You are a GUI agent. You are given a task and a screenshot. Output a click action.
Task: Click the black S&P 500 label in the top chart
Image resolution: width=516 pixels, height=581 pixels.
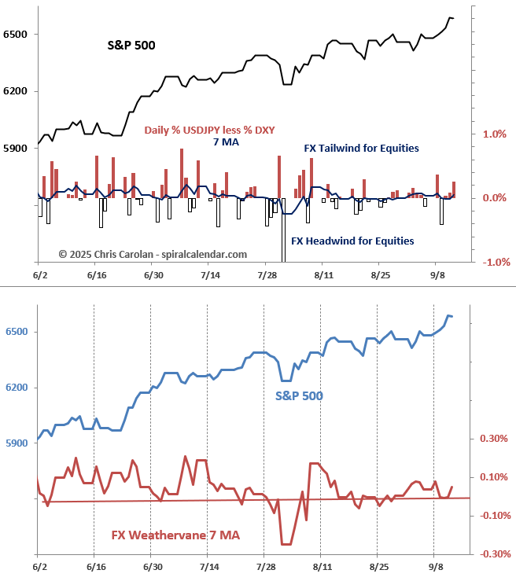(131, 45)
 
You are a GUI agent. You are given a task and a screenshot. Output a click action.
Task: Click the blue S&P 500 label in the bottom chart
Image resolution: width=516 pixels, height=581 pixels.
(299, 395)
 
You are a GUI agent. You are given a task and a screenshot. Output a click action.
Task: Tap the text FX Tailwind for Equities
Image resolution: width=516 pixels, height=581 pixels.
(361, 148)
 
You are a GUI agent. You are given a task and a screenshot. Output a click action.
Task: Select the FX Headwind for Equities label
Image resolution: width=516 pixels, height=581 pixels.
(352, 241)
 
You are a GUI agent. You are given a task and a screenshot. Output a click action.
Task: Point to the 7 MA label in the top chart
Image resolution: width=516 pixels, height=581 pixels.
(226, 142)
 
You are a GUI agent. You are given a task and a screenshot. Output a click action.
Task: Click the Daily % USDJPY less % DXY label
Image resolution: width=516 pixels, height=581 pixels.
(209, 130)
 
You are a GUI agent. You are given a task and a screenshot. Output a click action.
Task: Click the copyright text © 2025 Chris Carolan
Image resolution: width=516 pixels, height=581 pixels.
(153, 254)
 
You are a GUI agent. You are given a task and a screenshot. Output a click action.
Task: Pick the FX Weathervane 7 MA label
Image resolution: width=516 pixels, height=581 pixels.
(175, 535)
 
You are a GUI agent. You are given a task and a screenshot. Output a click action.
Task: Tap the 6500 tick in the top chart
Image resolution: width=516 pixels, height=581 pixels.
(16, 35)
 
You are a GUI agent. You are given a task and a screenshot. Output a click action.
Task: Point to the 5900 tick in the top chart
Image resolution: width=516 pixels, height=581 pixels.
(16, 147)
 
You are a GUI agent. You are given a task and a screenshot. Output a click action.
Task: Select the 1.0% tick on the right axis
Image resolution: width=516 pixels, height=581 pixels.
(494, 134)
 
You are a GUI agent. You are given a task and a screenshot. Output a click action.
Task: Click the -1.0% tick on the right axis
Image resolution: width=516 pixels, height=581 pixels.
(492, 262)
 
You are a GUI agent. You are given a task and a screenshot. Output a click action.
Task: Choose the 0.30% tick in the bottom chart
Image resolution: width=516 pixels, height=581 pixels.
(494, 439)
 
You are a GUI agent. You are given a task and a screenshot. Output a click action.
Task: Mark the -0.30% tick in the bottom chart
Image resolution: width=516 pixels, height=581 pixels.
(492, 553)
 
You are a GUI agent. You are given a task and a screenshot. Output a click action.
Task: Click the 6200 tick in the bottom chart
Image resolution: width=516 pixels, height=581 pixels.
(16, 388)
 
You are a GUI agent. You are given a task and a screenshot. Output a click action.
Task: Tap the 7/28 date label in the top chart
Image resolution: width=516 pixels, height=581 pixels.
(266, 275)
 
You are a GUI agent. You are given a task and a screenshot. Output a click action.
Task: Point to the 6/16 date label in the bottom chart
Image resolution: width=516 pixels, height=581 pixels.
(96, 566)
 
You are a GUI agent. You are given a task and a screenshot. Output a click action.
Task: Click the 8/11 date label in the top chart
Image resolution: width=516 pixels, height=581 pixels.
(322, 275)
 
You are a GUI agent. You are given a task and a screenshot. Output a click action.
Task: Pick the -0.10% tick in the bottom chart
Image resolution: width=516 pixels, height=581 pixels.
(492, 515)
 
